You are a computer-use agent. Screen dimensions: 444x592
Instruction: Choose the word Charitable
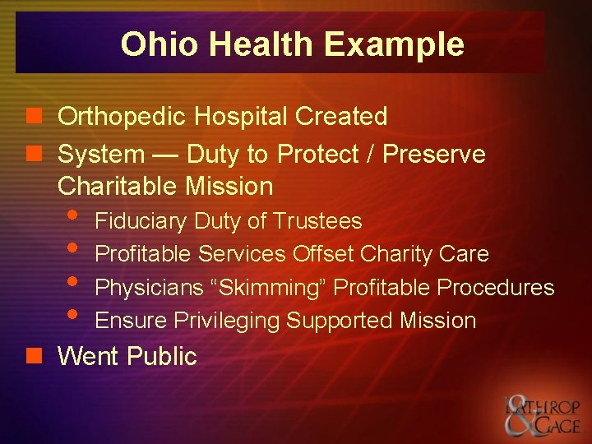pos(118,186)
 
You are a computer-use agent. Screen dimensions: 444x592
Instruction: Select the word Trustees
pos(317,221)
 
